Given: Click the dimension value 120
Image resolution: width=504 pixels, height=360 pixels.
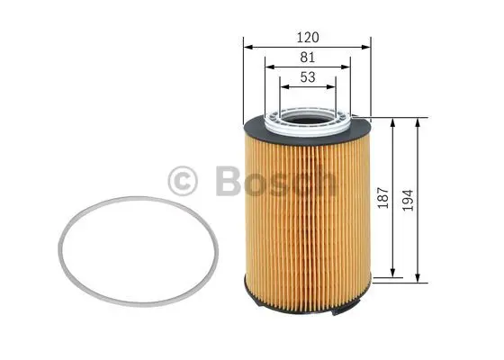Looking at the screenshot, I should point(308,38).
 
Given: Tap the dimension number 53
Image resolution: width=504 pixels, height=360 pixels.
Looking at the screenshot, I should point(308,78).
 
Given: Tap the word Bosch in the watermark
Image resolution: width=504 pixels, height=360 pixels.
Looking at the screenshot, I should point(275,181).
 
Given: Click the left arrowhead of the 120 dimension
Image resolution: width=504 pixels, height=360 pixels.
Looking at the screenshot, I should point(247,47).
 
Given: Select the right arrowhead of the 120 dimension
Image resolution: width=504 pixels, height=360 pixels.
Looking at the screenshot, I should point(367,47).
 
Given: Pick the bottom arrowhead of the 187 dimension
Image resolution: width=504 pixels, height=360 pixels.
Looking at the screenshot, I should point(393,272).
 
